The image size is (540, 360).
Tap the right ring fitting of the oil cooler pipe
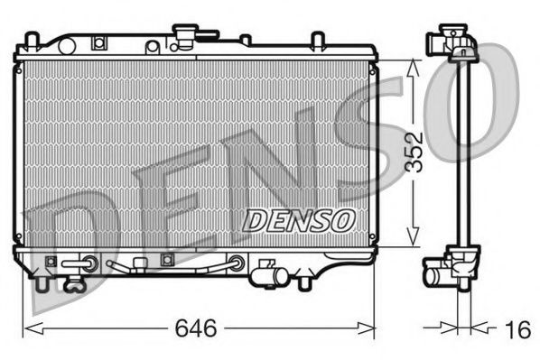[237, 264]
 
